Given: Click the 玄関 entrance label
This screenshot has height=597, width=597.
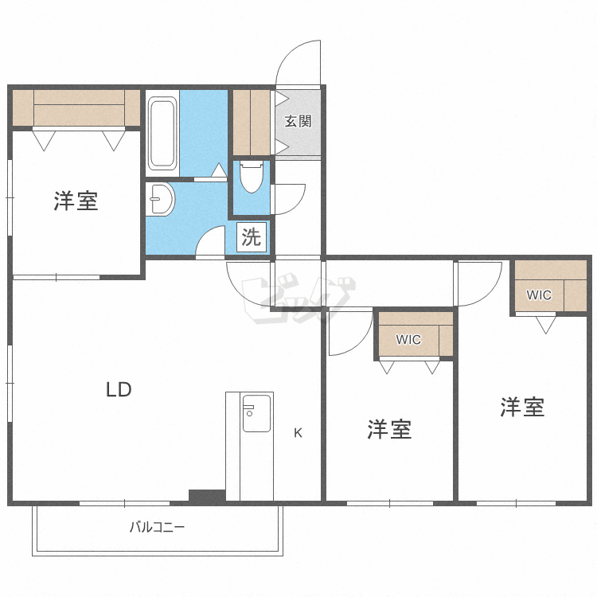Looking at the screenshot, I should click(298, 122).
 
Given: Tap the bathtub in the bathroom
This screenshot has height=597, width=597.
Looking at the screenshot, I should click(162, 133).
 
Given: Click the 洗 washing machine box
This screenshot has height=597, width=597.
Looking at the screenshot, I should click(252, 237).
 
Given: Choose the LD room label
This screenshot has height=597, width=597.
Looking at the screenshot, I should click(119, 390).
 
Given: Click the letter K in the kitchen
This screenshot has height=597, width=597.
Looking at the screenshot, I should click(298, 433).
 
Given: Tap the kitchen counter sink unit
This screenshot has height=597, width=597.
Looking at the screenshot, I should click(256, 413).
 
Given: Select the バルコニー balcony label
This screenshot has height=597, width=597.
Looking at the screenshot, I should click(157, 527).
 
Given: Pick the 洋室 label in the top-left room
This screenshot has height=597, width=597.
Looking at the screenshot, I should click(76, 201).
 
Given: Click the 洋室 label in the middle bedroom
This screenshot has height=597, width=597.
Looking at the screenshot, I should click(389, 430).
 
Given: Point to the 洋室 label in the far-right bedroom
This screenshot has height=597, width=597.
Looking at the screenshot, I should click(522, 408).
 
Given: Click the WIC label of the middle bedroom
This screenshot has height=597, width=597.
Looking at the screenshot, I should click(408, 340).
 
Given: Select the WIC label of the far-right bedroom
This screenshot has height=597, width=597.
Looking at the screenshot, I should click(539, 295).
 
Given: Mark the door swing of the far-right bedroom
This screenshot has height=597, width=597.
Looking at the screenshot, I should click(476, 283).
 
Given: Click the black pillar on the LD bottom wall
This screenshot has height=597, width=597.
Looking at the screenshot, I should click(206, 495).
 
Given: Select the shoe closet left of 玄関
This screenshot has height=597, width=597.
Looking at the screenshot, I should click(252, 122).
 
